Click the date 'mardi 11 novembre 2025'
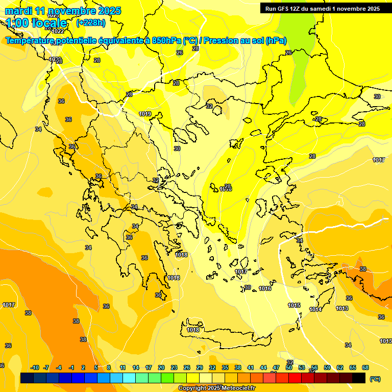point(63,11)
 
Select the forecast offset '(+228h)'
point(91,23)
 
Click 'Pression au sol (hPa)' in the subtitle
point(246,41)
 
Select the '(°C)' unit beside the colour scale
point(375,379)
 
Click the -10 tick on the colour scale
point(35,367)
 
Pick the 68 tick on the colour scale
point(365,367)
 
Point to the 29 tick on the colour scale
point(200,367)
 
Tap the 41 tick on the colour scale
point(251,367)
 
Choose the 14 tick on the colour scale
point(136,367)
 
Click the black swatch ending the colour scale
point(359,378)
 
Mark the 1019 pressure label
point(145,114)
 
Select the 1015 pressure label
point(293,305)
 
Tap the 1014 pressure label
point(315,309)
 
